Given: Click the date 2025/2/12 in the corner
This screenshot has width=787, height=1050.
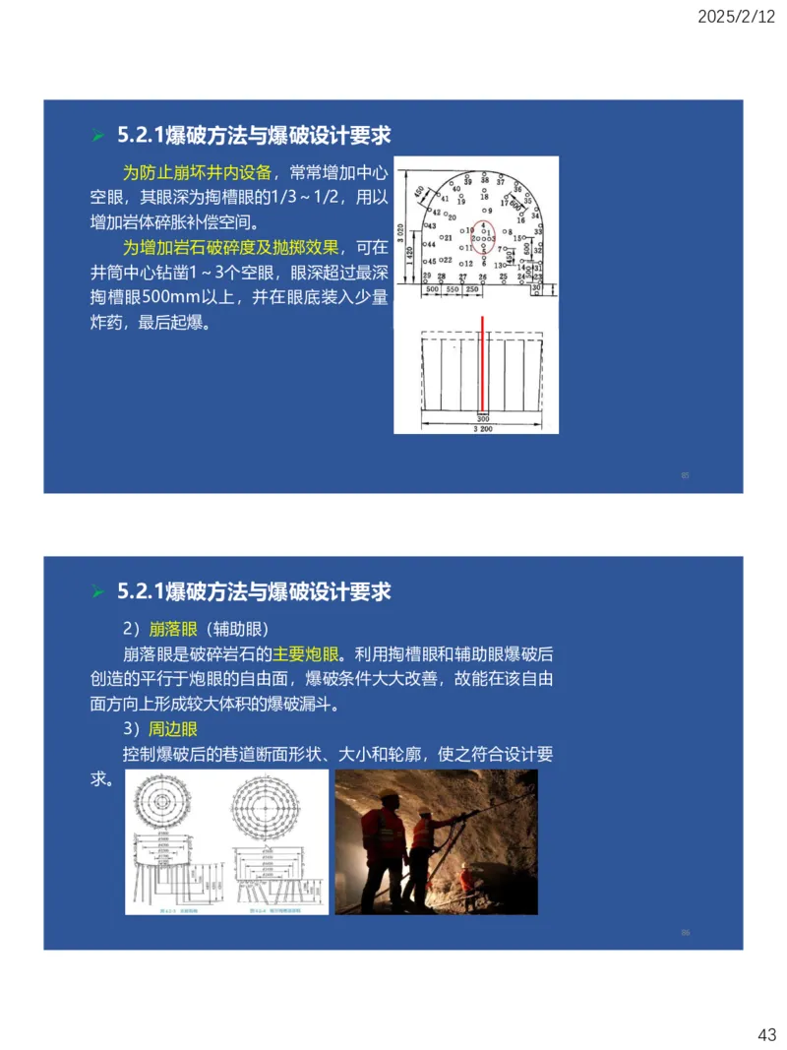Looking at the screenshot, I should click(x=737, y=17).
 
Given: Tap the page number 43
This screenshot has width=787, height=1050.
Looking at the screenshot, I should click(x=766, y=1034).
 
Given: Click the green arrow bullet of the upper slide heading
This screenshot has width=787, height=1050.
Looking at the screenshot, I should click(x=97, y=135).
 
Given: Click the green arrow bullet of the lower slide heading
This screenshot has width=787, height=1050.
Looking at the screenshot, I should click(x=97, y=592).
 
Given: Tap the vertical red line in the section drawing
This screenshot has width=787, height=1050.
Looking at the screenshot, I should click(x=483, y=364).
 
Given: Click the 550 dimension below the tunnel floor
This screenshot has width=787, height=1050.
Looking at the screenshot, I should click(x=453, y=290).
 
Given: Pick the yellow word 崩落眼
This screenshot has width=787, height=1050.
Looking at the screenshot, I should click(x=174, y=629).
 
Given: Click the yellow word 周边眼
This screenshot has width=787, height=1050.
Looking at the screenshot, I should click(x=173, y=730).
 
